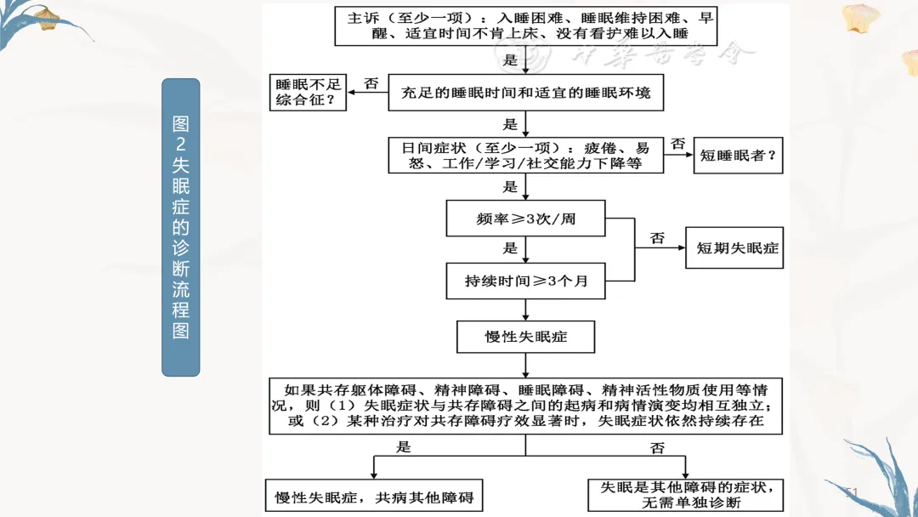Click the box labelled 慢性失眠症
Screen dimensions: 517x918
526,337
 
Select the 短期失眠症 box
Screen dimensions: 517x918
738,249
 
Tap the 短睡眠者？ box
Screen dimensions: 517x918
738,156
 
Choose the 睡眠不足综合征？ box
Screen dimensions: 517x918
308,93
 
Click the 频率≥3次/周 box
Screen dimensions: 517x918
526,219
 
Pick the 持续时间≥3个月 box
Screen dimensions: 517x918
526,281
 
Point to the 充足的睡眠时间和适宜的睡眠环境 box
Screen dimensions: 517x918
526,93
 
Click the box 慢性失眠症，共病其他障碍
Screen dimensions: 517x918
375,497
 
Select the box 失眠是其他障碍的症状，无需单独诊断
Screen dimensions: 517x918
687,495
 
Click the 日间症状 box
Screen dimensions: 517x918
526,155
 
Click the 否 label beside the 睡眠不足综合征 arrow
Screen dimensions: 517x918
371,83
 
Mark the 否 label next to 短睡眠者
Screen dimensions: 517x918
677,144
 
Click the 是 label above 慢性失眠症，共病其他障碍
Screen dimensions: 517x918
404,446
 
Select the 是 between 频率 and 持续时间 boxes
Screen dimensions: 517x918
510,248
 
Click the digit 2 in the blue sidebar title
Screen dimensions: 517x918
181,144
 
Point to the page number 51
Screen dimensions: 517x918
853,492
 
